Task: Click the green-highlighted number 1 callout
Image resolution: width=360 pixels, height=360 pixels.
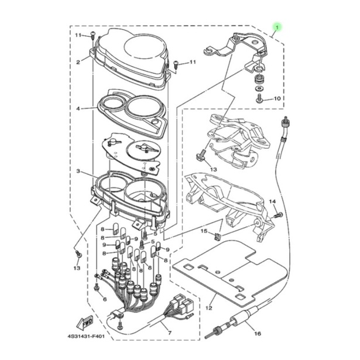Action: (x=277, y=28)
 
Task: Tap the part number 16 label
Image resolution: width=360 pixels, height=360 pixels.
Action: (x=258, y=334)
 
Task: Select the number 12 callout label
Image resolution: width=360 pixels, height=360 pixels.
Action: (x=209, y=308)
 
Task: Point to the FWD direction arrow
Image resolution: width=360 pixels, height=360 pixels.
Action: (x=85, y=323)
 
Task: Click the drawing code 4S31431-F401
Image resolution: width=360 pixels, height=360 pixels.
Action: (x=86, y=337)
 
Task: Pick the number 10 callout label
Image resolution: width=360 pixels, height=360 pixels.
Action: (x=277, y=98)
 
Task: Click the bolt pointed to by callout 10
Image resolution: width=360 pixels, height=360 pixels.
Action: (x=259, y=98)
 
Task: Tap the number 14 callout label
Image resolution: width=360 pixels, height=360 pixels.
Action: (x=272, y=201)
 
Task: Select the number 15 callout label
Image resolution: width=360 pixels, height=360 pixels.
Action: (x=204, y=231)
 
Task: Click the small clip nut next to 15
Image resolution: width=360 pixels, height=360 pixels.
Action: (x=217, y=236)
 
